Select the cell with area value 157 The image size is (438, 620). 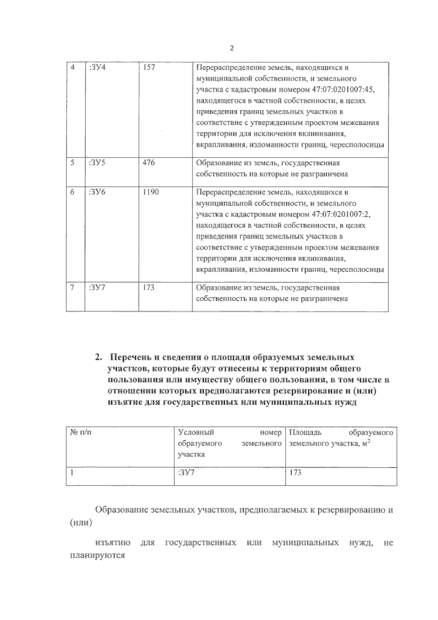click(149, 68)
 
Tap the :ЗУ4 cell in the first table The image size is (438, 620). click(97, 68)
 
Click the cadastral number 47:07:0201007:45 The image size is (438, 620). click(344, 89)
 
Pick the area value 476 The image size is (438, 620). click(149, 163)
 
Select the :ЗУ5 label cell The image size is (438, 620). click(97, 163)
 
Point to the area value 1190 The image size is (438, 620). click(151, 192)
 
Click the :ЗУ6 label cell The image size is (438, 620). click(97, 192)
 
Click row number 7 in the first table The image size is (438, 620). click(72, 287)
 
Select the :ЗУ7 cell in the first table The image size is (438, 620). click(97, 287)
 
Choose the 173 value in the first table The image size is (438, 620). click(149, 287)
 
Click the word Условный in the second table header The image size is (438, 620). click(196, 432)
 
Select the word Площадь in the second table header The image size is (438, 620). click(305, 432)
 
